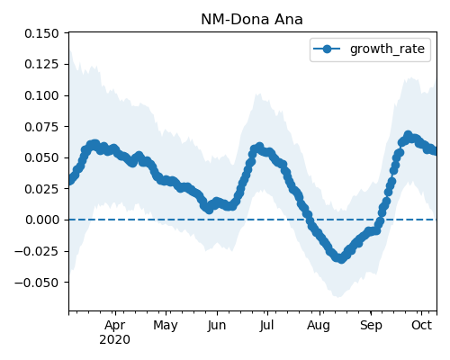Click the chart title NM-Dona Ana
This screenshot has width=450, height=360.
tap(252, 20)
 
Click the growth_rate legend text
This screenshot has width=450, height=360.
tap(387, 49)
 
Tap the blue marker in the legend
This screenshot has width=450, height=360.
tap(327, 49)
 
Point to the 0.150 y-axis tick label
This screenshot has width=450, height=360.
tap(41, 33)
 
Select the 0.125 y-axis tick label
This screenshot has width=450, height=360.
tap(41, 64)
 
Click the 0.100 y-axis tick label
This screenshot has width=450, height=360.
tap(41, 95)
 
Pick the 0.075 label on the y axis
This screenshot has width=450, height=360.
tap(41, 127)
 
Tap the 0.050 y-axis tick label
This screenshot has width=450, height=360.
tap(41, 157)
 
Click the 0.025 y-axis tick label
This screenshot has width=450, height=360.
tap(41, 189)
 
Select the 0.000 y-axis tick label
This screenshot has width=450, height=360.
tap(41, 220)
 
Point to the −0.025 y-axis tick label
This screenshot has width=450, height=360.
tap(37, 251)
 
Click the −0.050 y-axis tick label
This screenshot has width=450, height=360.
tap(37, 283)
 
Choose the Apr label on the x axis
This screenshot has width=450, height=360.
tap(115, 326)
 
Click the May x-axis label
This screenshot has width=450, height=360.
tap(166, 326)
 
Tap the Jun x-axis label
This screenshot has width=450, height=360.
tap(217, 326)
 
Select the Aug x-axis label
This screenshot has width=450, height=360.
tap(319, 326)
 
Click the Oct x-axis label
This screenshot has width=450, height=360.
tap(421, 325)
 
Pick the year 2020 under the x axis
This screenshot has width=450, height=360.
tap(115, 340)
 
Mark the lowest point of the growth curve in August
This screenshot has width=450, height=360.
tap(340, 258)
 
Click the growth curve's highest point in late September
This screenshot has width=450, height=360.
tap(408, 135)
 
